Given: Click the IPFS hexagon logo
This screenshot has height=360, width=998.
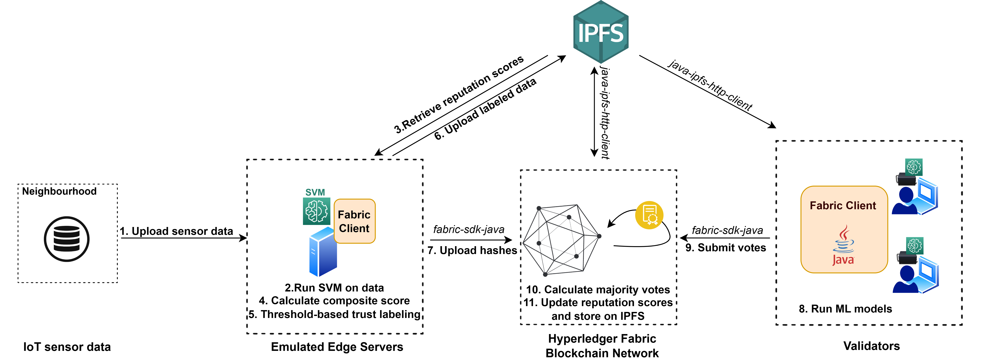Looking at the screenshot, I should tap(600, 32).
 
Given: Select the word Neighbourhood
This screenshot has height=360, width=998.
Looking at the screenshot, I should tap(59, 192).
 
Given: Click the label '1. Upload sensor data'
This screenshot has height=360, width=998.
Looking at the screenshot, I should tap(176, 231).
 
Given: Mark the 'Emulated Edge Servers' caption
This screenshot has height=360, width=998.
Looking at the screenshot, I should tap(337, 347).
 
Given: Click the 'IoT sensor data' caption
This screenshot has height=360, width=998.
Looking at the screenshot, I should tap(67, 347).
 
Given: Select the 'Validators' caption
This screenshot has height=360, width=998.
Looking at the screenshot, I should tap(871, 346).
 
